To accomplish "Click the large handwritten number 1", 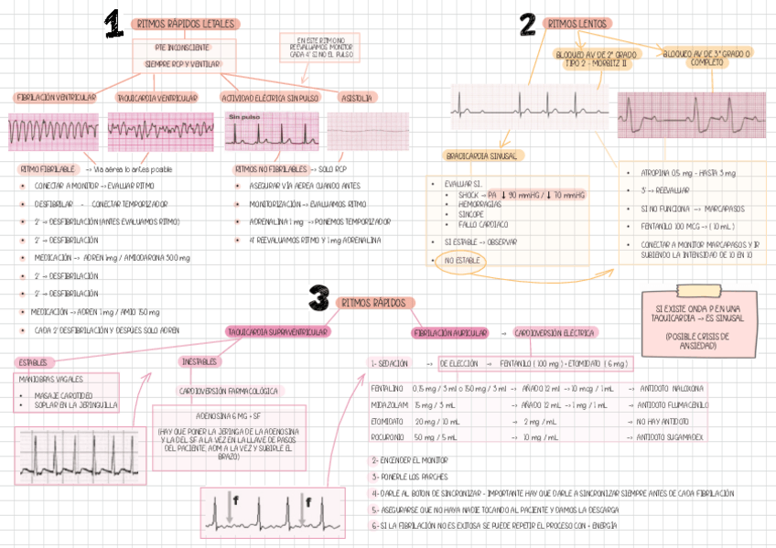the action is click(x=113, y=25).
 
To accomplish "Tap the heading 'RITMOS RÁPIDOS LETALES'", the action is click(x=186, y=25).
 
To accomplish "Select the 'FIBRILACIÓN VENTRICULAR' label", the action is click(x=56, y=97).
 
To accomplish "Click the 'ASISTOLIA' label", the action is click(x=356, y=97).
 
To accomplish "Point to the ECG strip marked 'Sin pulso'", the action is click(x=270, y=130).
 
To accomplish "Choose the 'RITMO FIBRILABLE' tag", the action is click(x=47, y=169).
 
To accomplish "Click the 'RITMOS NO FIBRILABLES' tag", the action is click(x=271, y=169).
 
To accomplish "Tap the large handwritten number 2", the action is click(x=527, y=25).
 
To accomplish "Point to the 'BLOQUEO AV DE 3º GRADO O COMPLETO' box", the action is click(x=706, y=59).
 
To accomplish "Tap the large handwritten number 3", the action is click(x=318, y=298).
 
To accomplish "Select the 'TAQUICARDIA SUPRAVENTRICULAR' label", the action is click(x=277, y=332).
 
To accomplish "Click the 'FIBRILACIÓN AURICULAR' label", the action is click(x=449, y=333).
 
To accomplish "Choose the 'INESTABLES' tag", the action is click(x=199, y=362).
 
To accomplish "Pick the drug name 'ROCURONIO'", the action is click(x=388, y=437).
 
